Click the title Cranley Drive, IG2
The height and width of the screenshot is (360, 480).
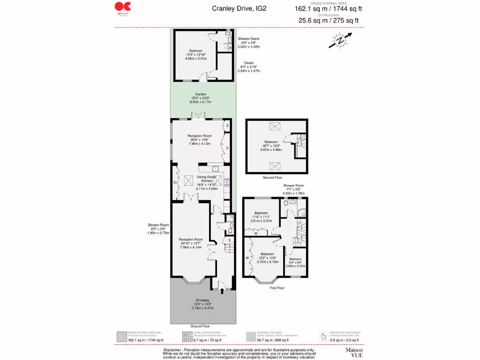239,8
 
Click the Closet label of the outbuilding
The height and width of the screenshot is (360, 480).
248,63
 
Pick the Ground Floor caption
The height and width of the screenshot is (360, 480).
200,326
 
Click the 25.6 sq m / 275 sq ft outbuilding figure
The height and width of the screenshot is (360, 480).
330,20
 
